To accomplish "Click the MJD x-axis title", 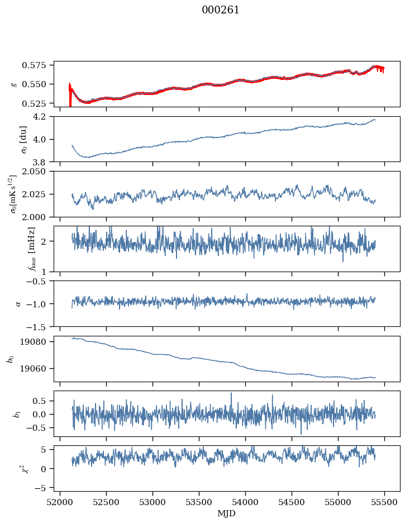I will [x=227, y=514].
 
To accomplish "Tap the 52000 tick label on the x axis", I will [x=60, y=502].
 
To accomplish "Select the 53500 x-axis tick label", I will [x=199, y=502].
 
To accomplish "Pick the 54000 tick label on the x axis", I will [x=246, y=502].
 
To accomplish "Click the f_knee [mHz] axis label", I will [x=14, y=249].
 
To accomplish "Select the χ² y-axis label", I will [x=14, y=468].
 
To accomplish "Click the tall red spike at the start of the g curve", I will [x=70, y=95].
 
